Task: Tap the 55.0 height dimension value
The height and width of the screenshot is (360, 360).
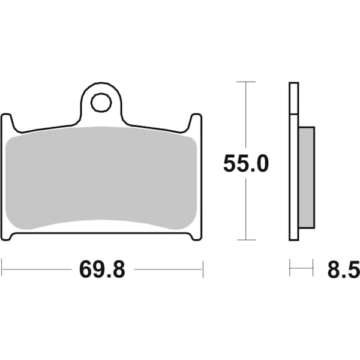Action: [x=246, y=163]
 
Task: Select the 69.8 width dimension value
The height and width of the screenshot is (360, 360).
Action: [x=102, y=269]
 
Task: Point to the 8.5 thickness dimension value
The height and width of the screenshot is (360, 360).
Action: [x=341, y=269]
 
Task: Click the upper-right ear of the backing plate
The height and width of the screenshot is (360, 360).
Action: [x=196, y=123]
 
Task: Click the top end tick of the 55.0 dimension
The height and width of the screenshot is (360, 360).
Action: [x=246, y=81]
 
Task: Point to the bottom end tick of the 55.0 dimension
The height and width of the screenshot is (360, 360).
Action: [x=246, y=239]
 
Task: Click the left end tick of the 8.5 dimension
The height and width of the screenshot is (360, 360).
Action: [x=290, y=268]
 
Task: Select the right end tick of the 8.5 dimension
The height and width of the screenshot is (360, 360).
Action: [x=313, y=268]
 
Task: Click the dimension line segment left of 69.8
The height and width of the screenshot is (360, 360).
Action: [x=36, y=269]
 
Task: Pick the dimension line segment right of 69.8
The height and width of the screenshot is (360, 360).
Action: [x=168, y=269]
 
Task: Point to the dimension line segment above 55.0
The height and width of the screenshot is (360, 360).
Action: [x=246, y=114]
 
